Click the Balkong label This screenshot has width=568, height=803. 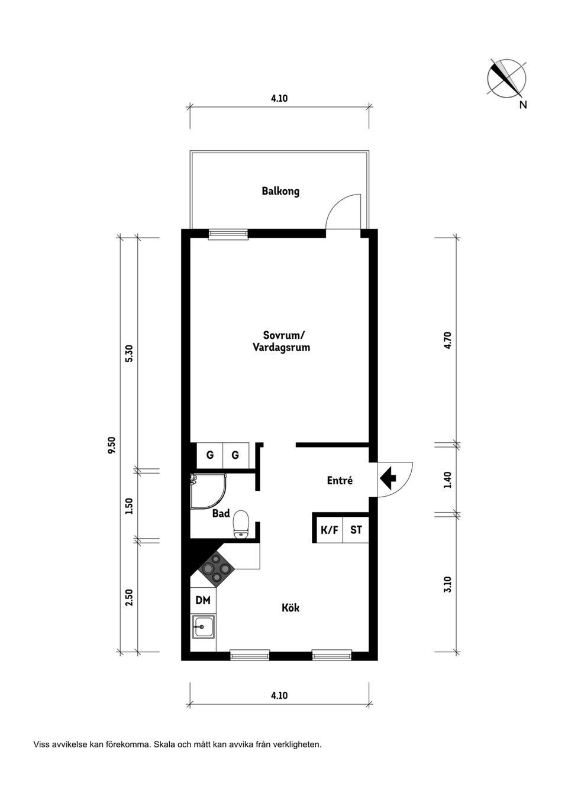(280, 192)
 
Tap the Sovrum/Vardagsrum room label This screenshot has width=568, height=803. (281, 341)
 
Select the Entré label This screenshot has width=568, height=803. (340, 481)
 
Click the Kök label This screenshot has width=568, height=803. (290, 608)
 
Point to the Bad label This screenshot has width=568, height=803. (221, 514)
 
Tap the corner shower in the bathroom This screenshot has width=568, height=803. (206, 490)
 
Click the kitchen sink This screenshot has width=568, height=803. (203, 626)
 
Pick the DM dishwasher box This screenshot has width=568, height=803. (203, 601)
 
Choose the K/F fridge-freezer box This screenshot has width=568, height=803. (329, 530)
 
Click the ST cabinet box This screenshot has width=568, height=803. (356, 530)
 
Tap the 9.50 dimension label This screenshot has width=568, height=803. (112, 445)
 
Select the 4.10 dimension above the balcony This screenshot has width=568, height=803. (279, 99)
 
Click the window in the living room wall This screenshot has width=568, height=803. (228, 234)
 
